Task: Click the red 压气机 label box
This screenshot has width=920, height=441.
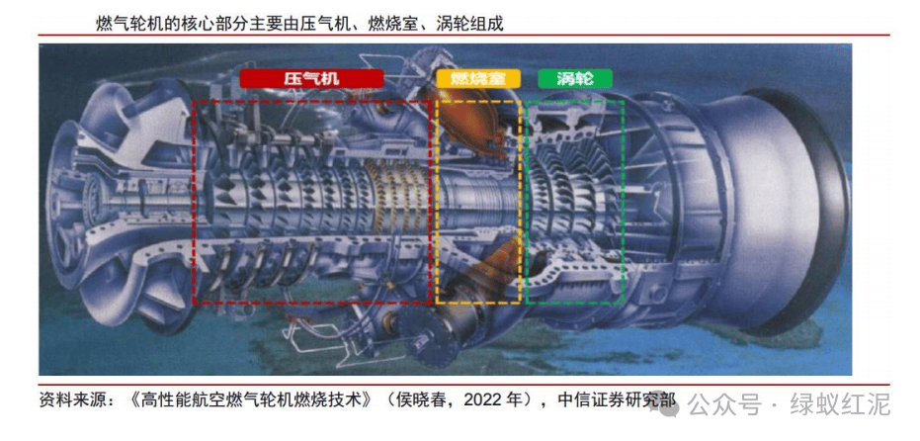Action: point(311,79)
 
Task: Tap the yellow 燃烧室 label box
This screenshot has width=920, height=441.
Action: point(477,79)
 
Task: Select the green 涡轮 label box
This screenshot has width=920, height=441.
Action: point(574,79)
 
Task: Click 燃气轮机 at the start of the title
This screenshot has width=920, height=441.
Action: point(123,24)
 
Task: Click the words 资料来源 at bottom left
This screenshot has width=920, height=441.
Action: point(66,400)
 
